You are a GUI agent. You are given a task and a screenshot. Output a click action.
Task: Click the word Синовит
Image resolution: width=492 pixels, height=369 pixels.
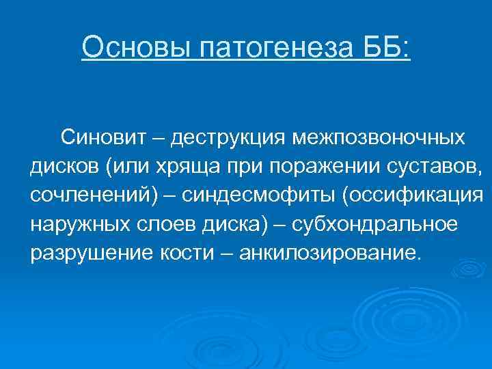[x=104, y=138]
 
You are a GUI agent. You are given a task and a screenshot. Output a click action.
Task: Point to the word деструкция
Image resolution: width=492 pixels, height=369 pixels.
[x=228, y=138]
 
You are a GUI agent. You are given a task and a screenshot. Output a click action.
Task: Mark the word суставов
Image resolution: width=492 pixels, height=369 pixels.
[x=426, y=167]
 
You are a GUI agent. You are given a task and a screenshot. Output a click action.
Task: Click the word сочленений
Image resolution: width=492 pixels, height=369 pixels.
[x=92, y=195]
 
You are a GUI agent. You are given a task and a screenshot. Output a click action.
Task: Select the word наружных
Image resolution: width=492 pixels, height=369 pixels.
[x=76, y=224]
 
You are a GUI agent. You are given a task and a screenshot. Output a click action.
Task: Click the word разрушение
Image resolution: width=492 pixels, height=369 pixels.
[x=81, y=253]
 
